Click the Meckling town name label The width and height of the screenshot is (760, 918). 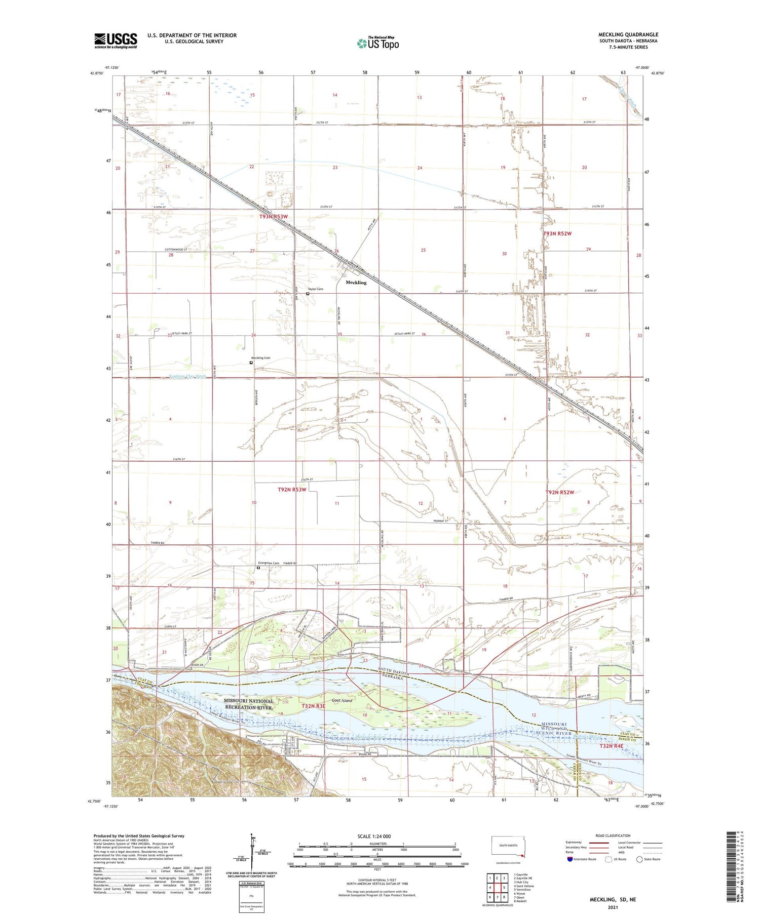[356, 283]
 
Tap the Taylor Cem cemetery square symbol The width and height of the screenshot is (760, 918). [308, 293]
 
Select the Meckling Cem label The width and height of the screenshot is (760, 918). [261, 358]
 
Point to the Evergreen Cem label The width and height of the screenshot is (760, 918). [269, 563]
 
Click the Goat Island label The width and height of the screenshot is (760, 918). [341, 701]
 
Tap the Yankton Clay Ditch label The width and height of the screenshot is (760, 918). [187, 377]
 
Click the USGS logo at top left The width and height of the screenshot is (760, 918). [116, 41]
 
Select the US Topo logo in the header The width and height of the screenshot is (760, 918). [378, 44]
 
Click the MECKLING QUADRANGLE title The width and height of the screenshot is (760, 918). [628, 34]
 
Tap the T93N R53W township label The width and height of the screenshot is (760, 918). [274, 217]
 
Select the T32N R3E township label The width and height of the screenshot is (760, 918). [313, 706]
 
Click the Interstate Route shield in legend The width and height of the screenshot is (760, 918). [570, 859]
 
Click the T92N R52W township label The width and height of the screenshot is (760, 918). [560, 492]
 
